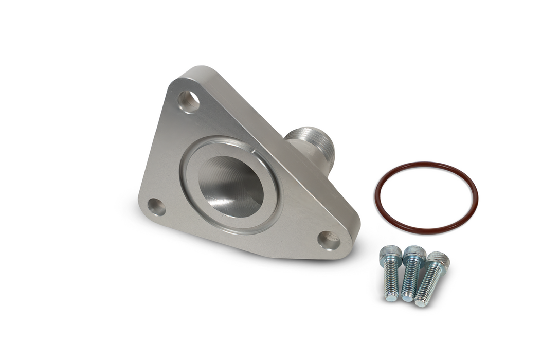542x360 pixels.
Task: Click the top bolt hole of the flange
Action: (189, 101)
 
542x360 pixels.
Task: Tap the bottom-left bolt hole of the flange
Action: (157, 207)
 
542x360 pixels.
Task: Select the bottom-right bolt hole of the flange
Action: (329, 240)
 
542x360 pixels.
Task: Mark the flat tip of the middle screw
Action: (407, 298)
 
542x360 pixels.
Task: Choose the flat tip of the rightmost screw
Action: (421, 302)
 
